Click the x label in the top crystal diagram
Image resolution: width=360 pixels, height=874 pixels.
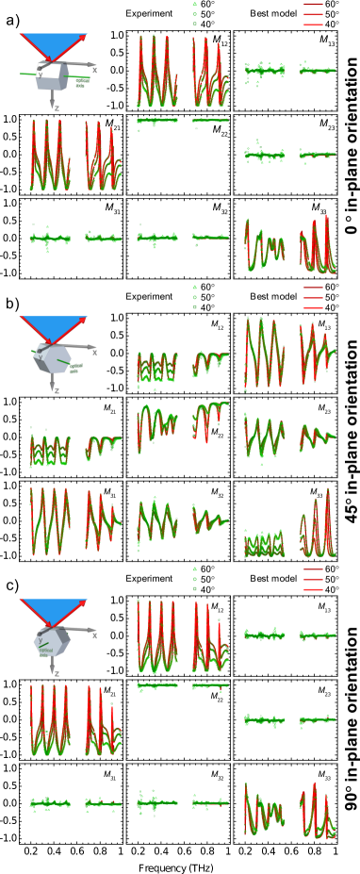[94, 70]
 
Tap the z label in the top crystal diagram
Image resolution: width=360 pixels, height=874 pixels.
[57, 108]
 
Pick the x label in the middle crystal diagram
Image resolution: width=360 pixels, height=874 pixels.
[94, 353]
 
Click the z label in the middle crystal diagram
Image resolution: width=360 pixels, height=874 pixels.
[57, 390]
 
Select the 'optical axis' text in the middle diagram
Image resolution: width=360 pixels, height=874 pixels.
[75, 368]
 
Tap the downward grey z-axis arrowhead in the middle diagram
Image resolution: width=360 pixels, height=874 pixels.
[52, 387]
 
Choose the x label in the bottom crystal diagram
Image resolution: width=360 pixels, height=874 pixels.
[94, 635]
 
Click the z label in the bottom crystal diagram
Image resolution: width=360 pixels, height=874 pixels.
[57, 673]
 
